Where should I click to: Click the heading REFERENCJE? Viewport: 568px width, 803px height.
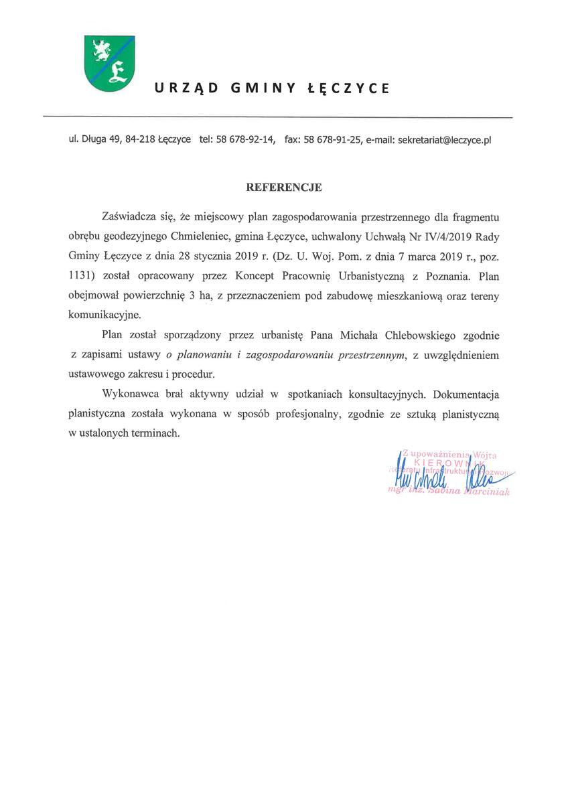tap(284, 188)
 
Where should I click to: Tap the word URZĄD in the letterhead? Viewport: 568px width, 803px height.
tap(181, 88)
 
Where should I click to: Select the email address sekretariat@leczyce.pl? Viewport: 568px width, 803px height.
tap(444, 141)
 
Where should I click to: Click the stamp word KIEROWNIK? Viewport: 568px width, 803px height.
tap(442, 462)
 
